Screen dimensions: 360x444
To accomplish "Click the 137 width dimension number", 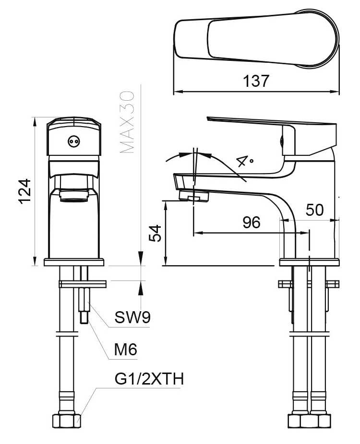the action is click(255, 81).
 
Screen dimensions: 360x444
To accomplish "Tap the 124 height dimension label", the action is click(24, 191).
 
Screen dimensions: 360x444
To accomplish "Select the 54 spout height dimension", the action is click(155, 233).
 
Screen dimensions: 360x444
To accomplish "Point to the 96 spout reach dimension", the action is click(252, 222).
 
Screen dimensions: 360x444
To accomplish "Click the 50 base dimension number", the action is click(315, 210).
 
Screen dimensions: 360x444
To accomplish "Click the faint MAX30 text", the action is click(127, 122).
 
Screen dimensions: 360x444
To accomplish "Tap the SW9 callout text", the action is click(132, 317).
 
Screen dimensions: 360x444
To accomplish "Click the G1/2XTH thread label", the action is click(149, 379).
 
